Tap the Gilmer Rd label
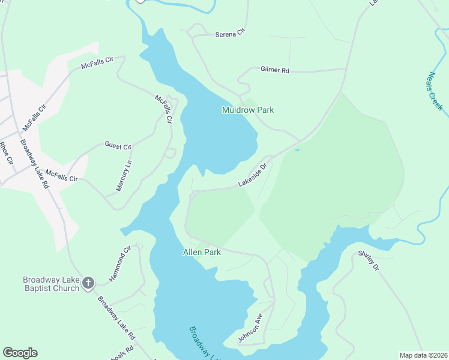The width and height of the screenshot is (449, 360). [x=275, y=70]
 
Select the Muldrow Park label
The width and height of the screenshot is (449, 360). [x=248, y=110]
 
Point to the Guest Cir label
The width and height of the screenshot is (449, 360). [x=118, y=146]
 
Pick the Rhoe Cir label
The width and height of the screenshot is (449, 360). [x=6, y=154]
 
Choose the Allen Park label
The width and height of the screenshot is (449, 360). [x=202, y=252]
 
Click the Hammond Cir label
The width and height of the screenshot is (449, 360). [x=120, y=265]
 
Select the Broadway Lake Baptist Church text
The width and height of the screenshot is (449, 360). [x=51, y=284]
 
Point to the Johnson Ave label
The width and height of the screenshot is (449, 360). [x=250, y=328]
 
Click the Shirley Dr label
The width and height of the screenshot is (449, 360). [x=369, y=260]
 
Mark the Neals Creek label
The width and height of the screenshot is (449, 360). [x=435, y=91]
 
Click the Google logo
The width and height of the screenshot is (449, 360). [x=20, y=353]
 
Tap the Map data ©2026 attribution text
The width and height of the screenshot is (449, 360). [x=423, y=355]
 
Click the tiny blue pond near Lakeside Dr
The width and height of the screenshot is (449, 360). [x=297, y=150]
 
